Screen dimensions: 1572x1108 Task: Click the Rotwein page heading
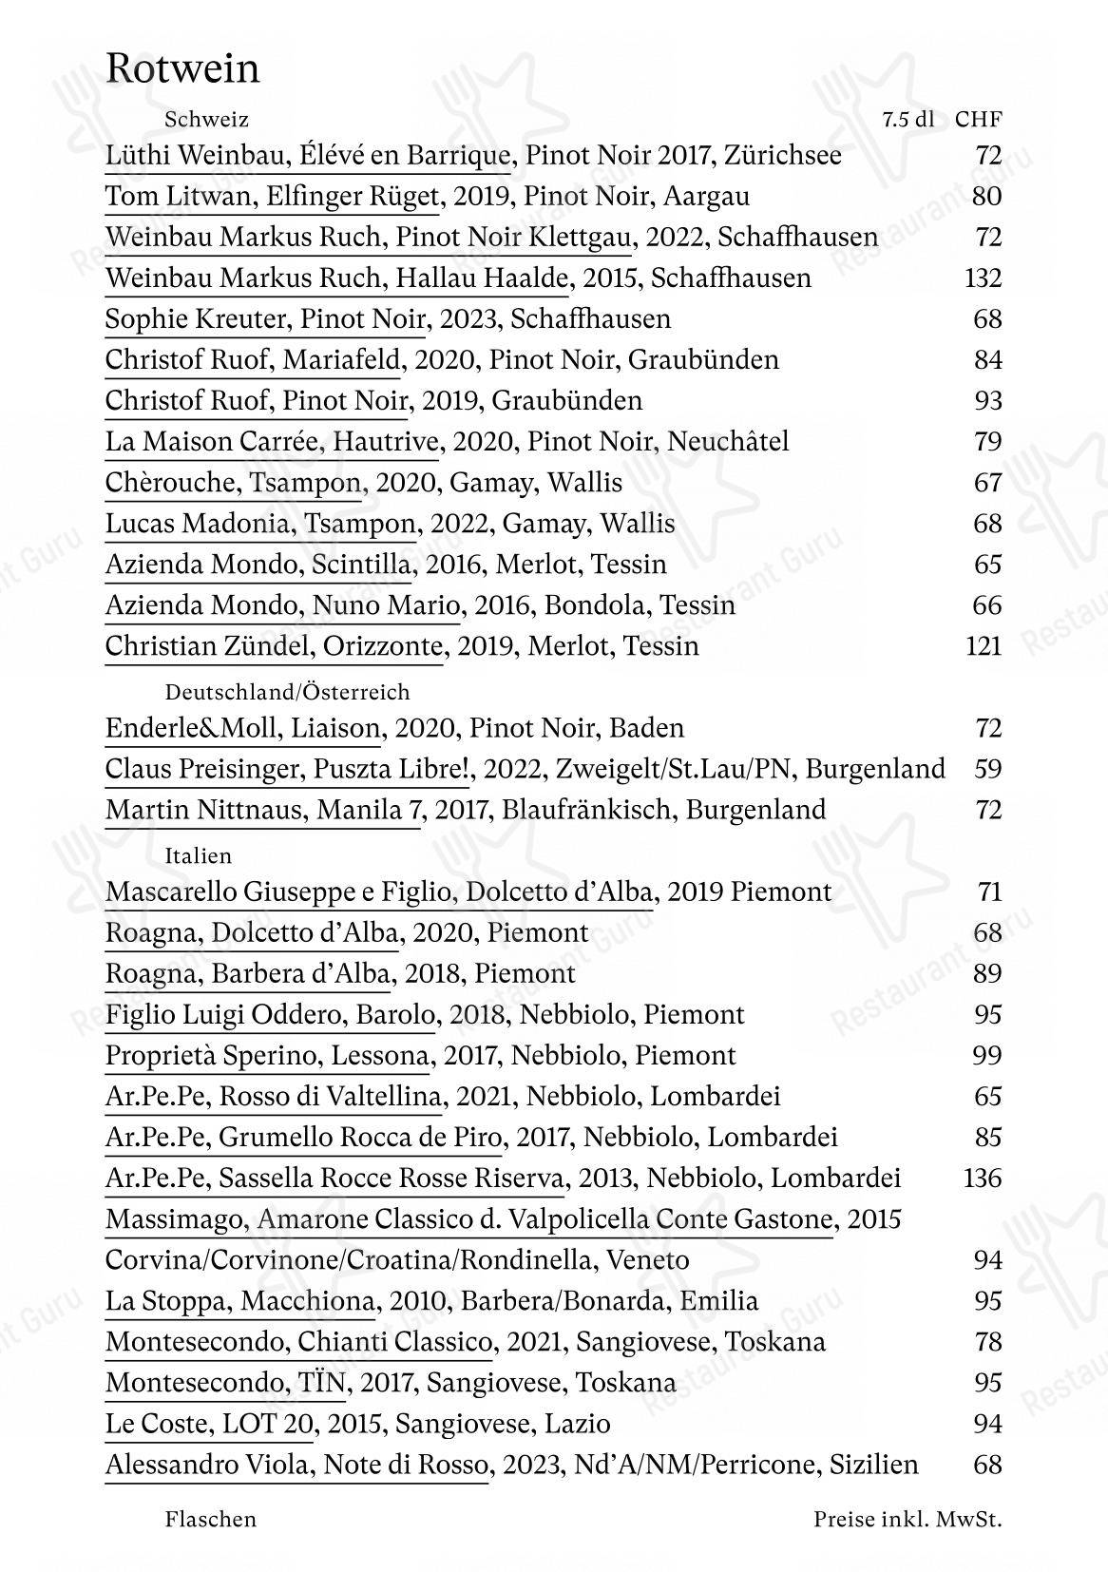182,69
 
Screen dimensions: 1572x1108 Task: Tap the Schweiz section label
206,120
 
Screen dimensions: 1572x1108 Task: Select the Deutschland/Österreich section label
287,692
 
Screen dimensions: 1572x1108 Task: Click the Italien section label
199,855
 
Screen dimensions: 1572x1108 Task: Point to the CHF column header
979,120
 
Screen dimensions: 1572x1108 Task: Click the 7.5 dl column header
907,120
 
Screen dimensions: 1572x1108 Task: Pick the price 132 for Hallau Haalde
983,278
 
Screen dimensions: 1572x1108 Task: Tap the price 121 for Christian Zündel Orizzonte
983,646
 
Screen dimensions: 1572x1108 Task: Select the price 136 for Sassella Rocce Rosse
983,1179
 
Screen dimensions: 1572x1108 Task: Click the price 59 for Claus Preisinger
988,768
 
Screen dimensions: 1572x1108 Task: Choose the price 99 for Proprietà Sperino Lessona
988,1055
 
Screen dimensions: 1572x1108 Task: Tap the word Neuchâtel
728,441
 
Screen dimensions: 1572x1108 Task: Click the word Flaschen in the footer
211,1519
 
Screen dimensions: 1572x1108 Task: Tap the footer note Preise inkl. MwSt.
907,1519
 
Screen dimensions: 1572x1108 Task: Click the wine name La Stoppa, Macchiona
240,1301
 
